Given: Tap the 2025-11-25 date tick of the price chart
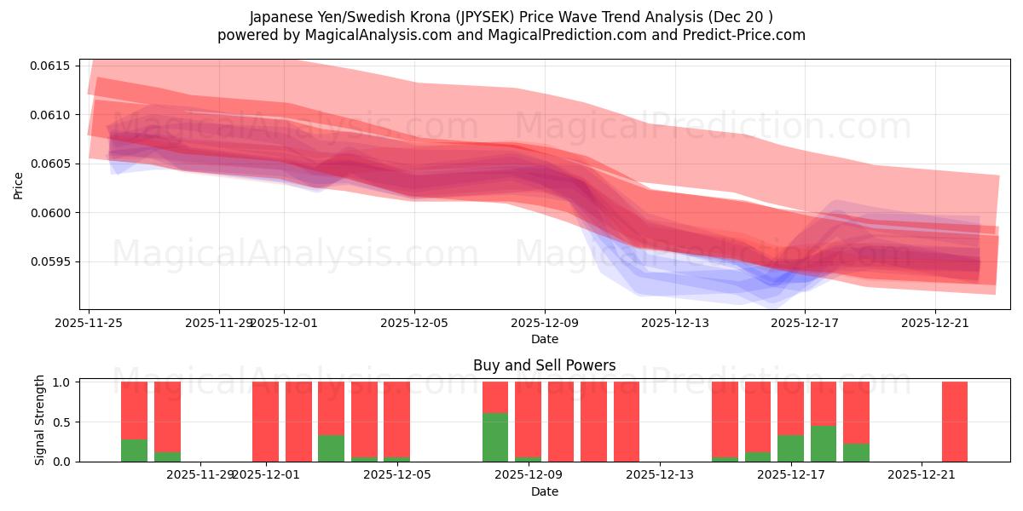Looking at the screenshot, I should coord(90,323).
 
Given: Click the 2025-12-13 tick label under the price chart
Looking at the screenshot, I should coord(675,323).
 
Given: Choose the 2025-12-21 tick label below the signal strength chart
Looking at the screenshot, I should coord(922,475).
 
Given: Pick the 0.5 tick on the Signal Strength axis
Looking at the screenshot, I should coord(64,422).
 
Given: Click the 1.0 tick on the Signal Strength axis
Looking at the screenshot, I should coord(64,382).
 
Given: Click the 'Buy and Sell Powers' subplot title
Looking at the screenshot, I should coord(544,365).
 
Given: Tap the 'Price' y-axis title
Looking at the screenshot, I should coord(19,185).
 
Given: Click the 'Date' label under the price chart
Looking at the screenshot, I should coord(544,339).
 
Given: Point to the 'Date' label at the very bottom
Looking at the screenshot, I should coord(544,491).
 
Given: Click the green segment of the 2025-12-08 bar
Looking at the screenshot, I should coord(495,438).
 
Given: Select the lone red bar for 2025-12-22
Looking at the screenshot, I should coord(955,422).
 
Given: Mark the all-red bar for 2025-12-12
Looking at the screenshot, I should coord(627,422).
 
